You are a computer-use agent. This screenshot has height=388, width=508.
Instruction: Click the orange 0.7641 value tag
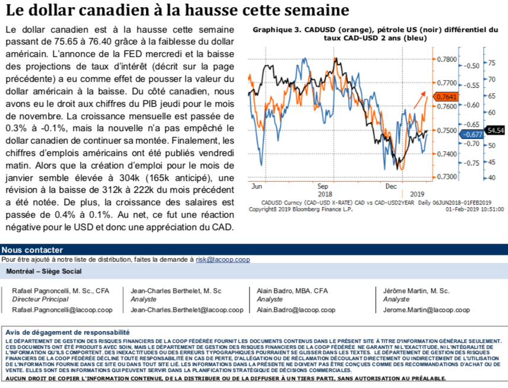click(446, 96)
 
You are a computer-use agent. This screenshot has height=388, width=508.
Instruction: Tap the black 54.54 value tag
click(494, 129)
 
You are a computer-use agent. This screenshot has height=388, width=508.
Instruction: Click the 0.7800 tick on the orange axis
click(446, 59)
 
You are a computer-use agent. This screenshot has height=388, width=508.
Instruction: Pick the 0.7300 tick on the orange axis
click(446, 177)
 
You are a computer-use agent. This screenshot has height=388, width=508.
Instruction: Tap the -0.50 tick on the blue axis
click(471, 66)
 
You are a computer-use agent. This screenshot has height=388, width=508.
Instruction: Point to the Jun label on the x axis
click(257, 186)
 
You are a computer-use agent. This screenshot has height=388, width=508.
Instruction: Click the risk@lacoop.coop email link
click(223, 259)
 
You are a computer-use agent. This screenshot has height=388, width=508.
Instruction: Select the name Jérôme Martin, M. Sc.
click(416, 291)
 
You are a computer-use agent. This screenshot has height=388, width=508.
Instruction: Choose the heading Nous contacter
click(32, 250)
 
